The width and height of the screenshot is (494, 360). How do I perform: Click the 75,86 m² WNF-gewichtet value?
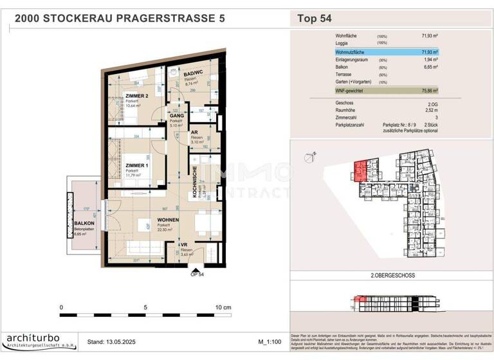click(428, 91)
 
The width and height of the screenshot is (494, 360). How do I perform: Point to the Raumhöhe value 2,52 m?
click(429, 110)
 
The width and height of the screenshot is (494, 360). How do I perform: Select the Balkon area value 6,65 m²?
click(429, 66)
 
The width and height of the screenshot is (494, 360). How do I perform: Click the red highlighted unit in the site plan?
click(360, 170)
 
